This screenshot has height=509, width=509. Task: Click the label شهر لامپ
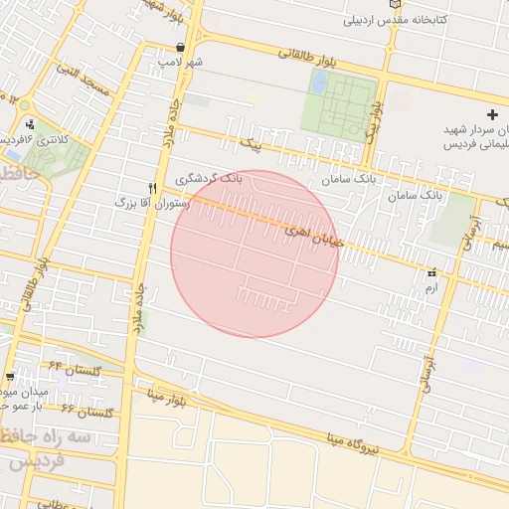180,62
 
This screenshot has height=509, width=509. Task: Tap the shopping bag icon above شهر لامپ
180,47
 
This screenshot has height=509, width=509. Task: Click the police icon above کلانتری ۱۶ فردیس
31,124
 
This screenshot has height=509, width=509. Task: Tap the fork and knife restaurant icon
152,187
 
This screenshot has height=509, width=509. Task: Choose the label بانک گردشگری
209,179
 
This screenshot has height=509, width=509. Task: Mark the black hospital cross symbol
492,115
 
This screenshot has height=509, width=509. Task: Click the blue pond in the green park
319,84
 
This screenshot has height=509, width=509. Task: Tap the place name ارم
430,286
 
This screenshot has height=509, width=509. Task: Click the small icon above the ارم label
431,272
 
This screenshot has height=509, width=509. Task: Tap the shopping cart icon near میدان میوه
10,377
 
